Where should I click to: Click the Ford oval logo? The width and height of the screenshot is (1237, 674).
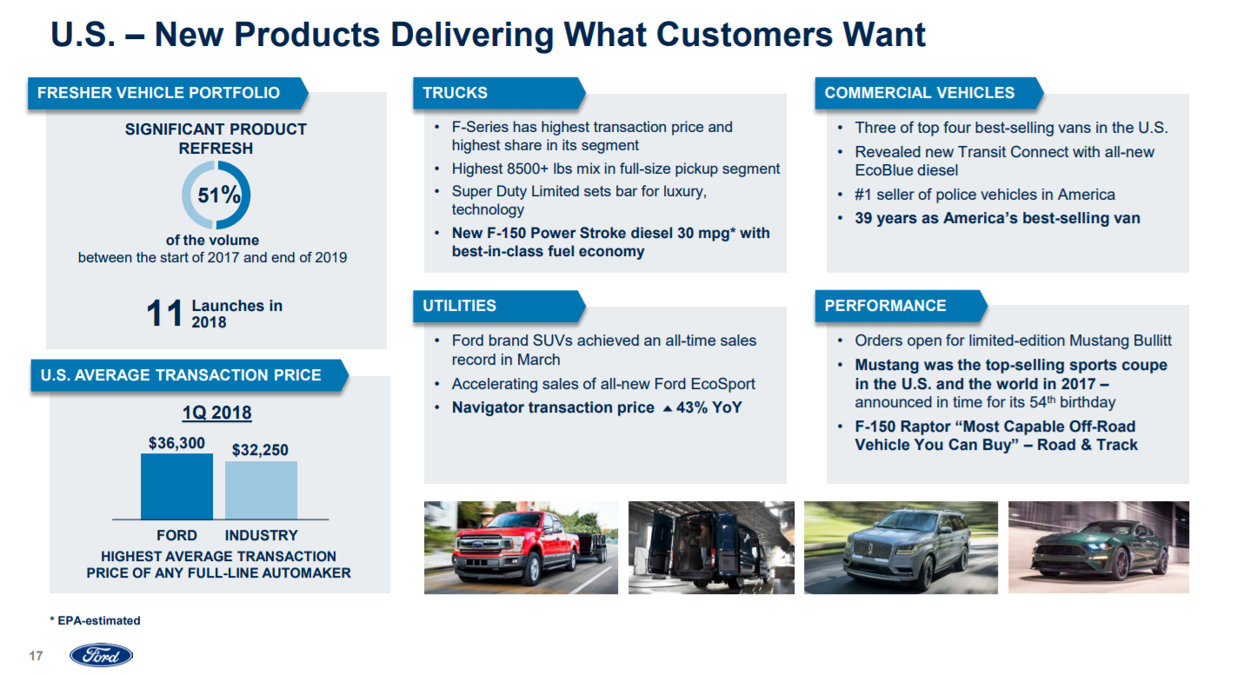click(x=101, y=655)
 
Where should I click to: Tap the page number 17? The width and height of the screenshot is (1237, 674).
click(x=36, y=656)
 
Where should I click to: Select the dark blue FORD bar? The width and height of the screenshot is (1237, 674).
click(x=176, y=486)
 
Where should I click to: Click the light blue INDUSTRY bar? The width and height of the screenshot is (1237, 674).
click(x=261, y=491)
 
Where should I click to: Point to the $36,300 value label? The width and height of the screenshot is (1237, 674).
click(x=176, y=443)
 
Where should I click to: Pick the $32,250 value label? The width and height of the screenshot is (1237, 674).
click(x=260, y=450)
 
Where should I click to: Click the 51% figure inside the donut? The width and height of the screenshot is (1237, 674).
click(x=219, y=195)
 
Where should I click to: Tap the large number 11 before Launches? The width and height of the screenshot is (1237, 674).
click(x=164, y=314)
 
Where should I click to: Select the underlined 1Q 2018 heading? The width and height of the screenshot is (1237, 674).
click(x=217, y=413)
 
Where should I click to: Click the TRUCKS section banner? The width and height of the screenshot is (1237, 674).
click(x=499, y=93)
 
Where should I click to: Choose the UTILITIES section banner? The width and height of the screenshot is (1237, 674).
click(x=499, y=306)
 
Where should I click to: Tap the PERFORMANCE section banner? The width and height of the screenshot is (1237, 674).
click(x=901, y=306)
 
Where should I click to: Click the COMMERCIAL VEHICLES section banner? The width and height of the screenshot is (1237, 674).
click(x=929, y=93)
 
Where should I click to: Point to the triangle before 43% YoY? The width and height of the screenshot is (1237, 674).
click(x=667, y=409)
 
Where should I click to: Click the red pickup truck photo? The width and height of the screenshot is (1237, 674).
click(x=521, y=547)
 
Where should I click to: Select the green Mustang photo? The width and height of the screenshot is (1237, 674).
click(x=1099, y=547)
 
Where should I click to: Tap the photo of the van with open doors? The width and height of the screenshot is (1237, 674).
click(x=711, y=547)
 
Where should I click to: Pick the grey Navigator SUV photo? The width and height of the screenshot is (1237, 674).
click(x=901, y=547)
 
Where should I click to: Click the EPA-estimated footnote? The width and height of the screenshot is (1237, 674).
click(x=95, y=620)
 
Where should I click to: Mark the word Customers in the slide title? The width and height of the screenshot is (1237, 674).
click(x=744, y=35)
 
